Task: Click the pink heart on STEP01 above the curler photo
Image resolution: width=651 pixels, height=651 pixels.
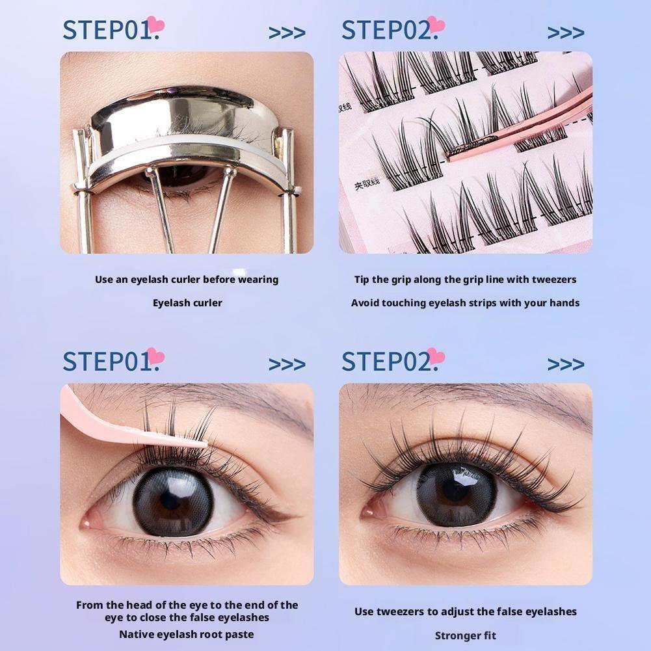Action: click(155, 25)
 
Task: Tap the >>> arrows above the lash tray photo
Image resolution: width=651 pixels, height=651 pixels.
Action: click(565, 33)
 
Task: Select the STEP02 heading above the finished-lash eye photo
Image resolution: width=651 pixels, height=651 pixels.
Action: click(385, 361)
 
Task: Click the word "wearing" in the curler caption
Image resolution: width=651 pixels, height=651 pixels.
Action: click(258, 280)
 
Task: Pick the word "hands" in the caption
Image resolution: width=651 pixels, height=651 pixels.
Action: click(564, 302)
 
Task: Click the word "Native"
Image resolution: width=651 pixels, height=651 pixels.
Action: click(137, 634)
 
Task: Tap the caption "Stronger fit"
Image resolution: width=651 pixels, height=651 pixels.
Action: click(465, 635)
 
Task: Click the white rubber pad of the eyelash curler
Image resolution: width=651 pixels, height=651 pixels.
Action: click(189, 156)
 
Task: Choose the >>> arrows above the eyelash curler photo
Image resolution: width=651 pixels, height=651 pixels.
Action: click(287, 33)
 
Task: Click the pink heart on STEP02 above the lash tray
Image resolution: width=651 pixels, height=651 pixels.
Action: click(436, 25)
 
